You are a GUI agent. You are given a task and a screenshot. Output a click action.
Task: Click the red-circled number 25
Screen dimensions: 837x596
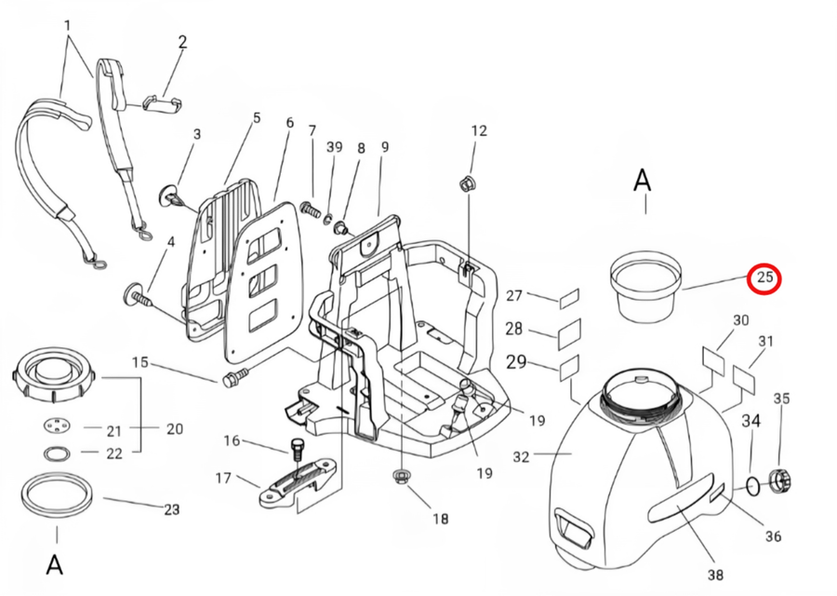point(765,278)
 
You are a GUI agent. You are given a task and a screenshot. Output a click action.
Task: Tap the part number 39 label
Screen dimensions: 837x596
point(334,146)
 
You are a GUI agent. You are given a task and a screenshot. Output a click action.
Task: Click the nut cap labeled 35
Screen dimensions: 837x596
point(781,480)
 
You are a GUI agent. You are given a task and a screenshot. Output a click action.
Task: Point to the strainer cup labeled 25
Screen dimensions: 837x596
point(646,290)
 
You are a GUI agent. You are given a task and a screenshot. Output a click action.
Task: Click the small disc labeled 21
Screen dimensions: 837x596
point(57,426)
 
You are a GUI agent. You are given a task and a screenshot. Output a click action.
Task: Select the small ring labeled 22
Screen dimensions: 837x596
point(57,454)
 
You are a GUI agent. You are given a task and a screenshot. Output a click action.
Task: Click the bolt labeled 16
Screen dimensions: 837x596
point(298,449)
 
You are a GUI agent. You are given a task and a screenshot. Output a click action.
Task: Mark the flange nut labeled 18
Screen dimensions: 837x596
point(400,475)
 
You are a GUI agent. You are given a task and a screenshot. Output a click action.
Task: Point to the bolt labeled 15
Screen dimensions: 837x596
point(235,376)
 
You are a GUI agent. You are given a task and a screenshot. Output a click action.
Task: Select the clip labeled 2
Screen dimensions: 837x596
point(162,103)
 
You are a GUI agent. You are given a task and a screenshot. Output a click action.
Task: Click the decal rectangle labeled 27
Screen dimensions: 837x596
point(569,298)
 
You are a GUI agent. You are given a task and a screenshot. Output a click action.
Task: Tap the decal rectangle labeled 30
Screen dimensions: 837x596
point(713,359)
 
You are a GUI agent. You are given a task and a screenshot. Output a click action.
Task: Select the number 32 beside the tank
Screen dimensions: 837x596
point(521,456)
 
